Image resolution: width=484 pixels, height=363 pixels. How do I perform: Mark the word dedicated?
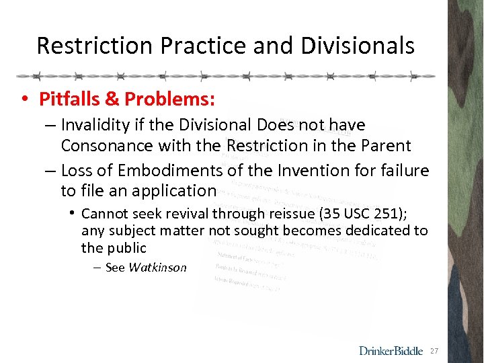tap(378, 231)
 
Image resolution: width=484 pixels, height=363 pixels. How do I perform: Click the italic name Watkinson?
tap(157, 268)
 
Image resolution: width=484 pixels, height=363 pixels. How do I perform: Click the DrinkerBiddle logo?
tap(391, 350)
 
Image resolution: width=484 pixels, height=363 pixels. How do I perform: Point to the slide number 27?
tap(434, 351)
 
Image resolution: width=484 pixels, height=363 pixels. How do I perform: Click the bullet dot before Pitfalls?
tap(24, 99)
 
